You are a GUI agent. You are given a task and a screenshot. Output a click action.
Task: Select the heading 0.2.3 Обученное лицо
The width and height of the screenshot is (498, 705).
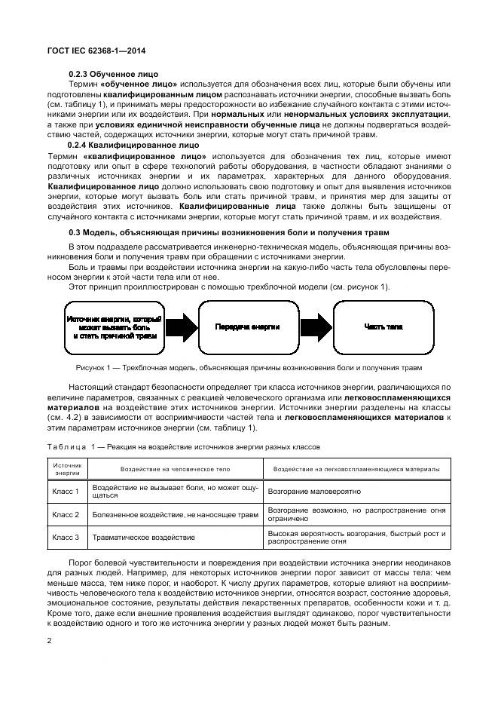click(x=114, y=73)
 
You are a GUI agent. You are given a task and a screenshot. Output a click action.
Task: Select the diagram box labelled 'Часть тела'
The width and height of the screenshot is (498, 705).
click(x=383, y=326)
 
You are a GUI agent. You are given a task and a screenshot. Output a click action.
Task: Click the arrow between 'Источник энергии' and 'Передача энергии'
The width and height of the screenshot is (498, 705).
click(x=181, y=326)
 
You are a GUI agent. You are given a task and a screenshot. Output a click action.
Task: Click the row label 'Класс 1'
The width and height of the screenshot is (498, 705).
click(x=66, y=491)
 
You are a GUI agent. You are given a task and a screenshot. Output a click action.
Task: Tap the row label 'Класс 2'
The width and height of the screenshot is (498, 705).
click(x=66, y=514)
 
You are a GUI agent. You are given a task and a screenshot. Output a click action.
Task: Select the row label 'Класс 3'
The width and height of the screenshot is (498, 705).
click(x=66, y=537)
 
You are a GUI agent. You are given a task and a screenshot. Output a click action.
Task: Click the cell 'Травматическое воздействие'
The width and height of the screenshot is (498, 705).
click(x=143, y=538)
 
